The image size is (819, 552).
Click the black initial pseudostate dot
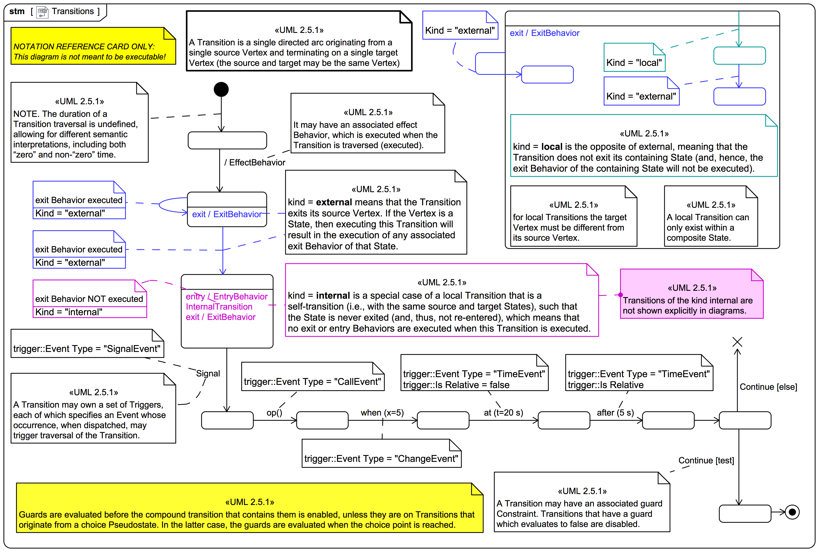(221, 89)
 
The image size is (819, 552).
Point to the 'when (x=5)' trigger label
(382, 413)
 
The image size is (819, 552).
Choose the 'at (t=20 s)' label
(503, 413)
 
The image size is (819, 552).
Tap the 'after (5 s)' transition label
(615, 413)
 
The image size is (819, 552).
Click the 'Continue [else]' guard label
(768, 387)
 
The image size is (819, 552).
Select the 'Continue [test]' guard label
(706, 461)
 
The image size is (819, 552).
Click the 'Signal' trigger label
(208, 374)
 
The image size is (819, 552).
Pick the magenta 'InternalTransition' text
(219, 307)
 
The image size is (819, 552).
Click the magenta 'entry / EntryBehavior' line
(226, 296)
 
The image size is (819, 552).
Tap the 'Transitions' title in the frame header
(73, 11)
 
